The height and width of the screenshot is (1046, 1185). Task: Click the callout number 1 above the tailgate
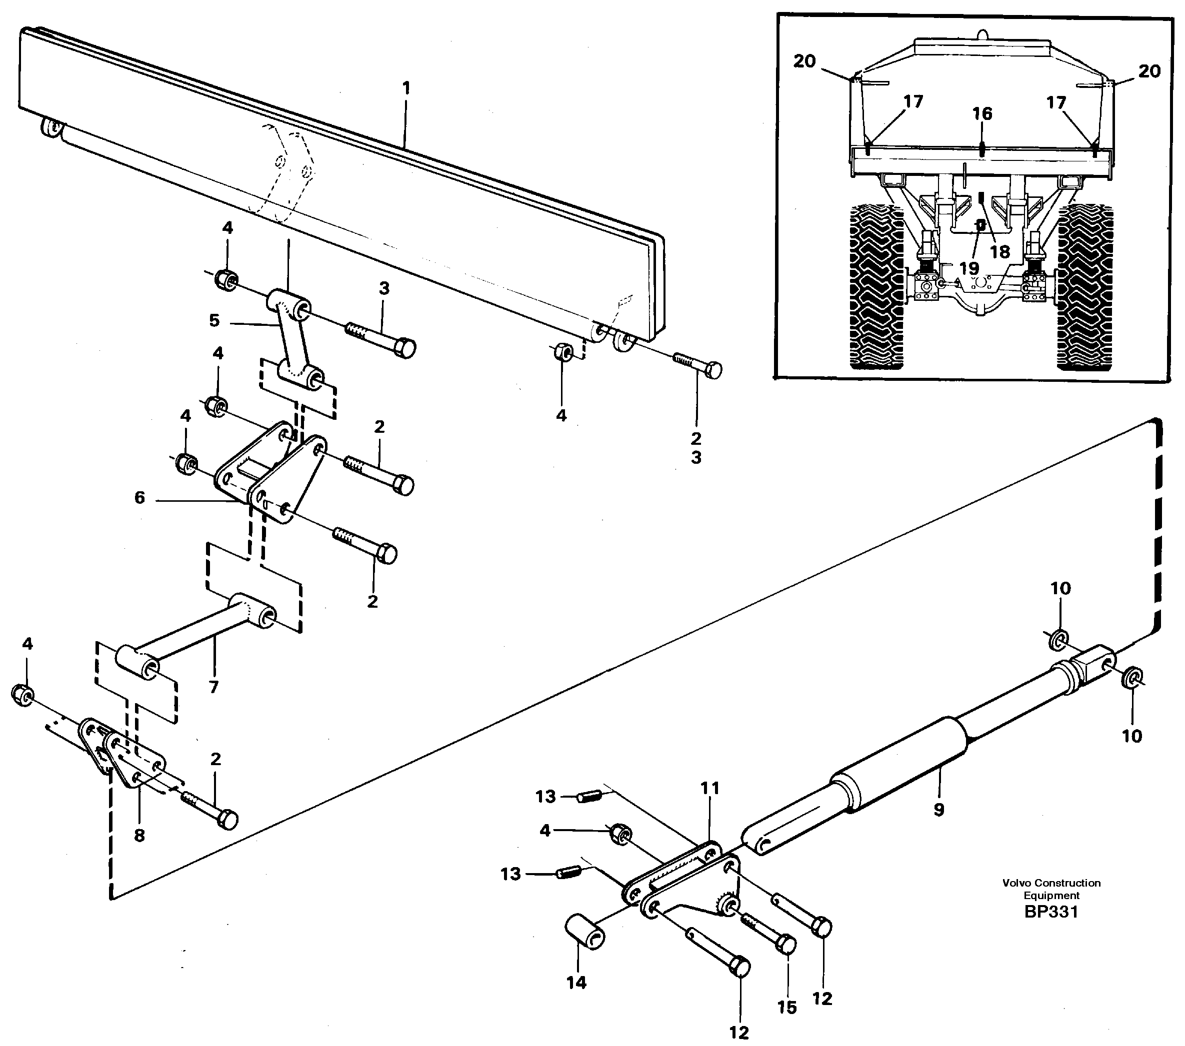(x=406, y=88)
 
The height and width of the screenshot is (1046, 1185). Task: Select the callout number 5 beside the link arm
(x=214, y=320)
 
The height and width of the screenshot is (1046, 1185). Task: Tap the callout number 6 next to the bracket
(x=139, y=498)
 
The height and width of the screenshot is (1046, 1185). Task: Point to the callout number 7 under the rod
(x=214, y=687)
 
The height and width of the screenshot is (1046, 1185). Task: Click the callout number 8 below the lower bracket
(x=139, y=836)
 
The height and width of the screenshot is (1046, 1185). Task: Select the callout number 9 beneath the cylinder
(x=938, y=810)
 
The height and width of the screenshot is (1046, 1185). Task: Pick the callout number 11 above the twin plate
(x=709, y=788)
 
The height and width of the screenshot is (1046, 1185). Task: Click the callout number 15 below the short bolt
(x=786, y=1007)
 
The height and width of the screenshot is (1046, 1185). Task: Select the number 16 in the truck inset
(x=982, y=113)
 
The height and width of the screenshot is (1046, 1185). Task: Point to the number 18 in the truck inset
(x=1000, y=251)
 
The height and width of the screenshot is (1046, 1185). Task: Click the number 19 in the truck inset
(x=969, y=268)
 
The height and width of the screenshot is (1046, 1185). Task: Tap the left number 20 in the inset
(x=804, y=61)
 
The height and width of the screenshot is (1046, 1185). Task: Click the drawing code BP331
(x=1051, y=912)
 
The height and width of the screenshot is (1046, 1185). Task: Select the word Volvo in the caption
(x=1017, y=883)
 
